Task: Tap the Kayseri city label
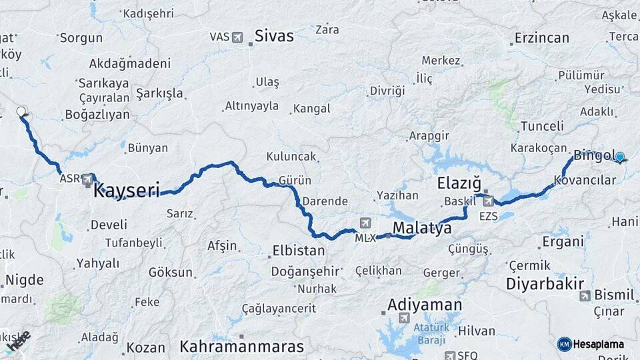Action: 127,191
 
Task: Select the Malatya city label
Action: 422,228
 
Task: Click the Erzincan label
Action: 542,38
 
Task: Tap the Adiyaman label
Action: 424,305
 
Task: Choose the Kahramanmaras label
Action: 241,347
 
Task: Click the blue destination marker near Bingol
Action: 620,157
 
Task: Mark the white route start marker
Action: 21,111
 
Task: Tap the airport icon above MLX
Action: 365,223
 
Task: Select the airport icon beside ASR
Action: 88,179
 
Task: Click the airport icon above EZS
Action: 489,201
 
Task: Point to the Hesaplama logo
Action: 591,344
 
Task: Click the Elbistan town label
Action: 298,251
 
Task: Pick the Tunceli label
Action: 542,126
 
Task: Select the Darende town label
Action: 325,201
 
